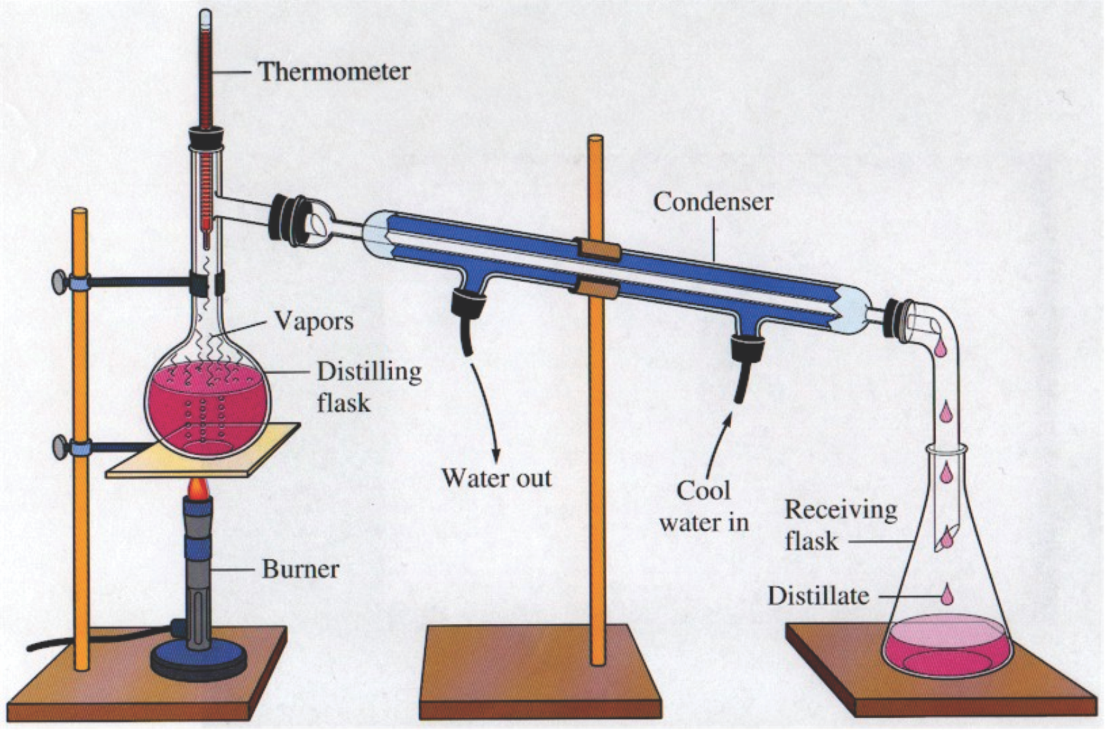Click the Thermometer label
point(334,71)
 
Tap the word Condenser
point(713,202)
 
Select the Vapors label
point(313,321)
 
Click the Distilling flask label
point(369,387)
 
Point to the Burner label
point(300,569)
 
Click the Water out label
point(497,478)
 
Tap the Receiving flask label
point(840,526)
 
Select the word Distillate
point(818,596)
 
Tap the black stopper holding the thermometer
point(206,139)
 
